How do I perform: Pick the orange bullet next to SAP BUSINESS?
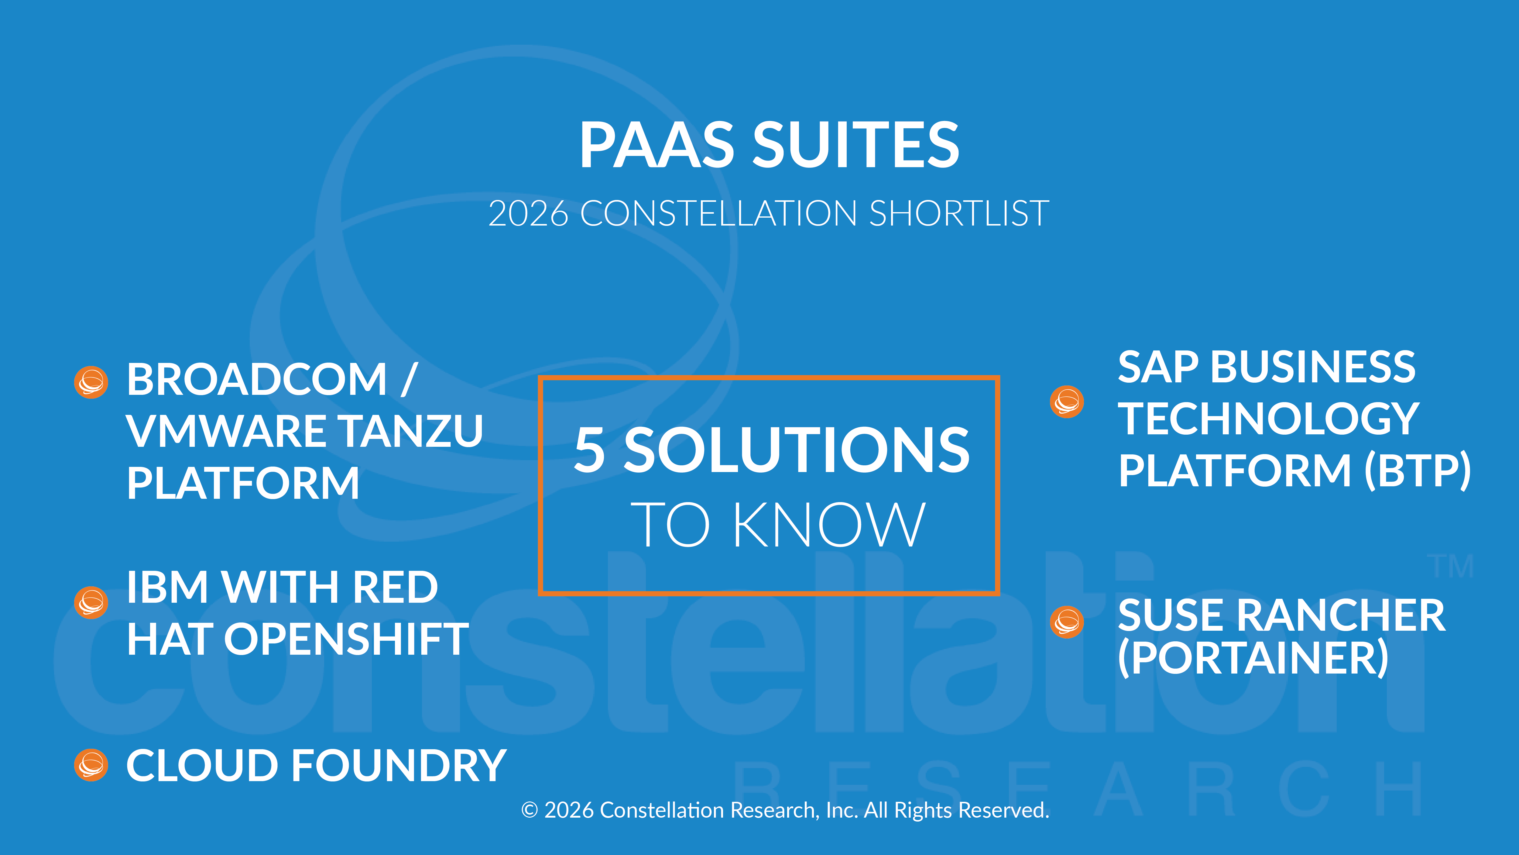(x=1067, y=402)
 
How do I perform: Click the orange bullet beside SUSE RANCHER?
(x=1067, y=622)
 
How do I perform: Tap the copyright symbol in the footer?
(x=530, y=810)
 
